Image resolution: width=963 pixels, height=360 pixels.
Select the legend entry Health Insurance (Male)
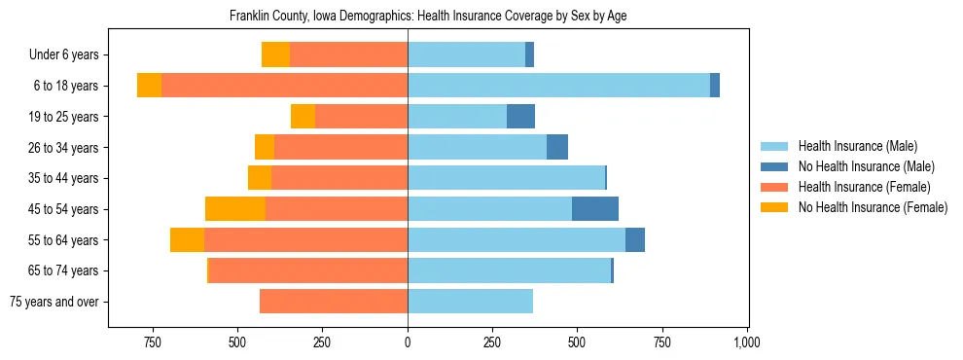(855, 146)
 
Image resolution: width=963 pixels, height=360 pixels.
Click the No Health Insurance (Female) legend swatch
(775, 207)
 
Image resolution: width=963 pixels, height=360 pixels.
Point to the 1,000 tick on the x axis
(746, 342)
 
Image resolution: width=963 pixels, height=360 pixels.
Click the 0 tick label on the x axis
(408, 342)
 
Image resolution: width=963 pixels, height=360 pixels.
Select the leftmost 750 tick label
(153, 342)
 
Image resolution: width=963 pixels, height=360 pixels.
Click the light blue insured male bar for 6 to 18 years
(558, 86)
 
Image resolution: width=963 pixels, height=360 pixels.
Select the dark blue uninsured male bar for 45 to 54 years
(595, 209)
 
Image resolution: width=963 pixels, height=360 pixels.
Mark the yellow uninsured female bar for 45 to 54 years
(235, 209)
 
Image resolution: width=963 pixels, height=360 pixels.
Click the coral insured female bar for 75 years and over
(334, 302)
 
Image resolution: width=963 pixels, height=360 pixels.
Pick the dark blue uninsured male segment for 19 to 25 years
(520, 117)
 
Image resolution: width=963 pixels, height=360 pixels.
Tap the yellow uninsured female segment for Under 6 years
(275, 55)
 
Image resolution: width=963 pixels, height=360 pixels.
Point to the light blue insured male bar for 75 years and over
(470, 302)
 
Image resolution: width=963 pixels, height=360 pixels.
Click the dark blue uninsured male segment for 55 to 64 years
(635, 239)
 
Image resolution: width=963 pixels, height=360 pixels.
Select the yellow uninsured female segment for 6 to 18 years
(149, 86)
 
